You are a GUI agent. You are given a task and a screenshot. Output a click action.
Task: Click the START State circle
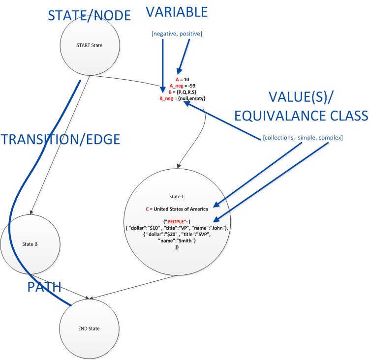(x=89, y=46)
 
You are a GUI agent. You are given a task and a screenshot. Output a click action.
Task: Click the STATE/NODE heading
(x=89, y=15)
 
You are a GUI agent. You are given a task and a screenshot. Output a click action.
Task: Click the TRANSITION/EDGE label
(x=61, y=139)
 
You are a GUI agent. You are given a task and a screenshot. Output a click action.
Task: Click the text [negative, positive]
(x=177, y=34)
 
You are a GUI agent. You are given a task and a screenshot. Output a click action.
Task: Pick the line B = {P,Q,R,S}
(x=183, y=92)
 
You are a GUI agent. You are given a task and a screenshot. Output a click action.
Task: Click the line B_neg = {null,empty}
(x=183, y=98)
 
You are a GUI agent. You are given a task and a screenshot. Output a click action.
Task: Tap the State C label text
(x=176, y=196)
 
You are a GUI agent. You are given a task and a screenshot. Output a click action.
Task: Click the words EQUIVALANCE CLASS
(x=301, y=116)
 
